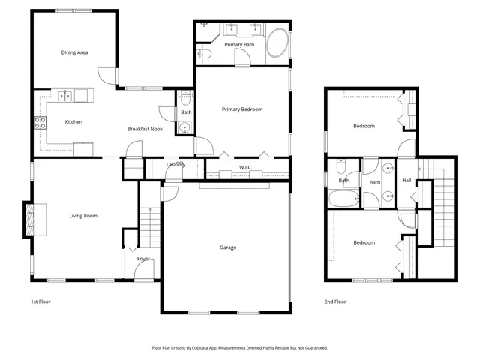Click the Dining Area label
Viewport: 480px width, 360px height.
click(x=74, y=52)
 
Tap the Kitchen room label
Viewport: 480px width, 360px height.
click(x=73, y=121)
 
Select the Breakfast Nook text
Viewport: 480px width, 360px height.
click(x=145, y=129)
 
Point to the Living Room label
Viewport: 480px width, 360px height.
click(x=83, y=216)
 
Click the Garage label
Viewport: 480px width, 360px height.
click(x=228, y=247)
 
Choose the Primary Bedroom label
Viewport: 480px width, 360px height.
click(x=242, y=109)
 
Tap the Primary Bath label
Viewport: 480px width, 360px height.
click(x=239, y=45)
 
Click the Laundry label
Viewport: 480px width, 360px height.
click(x=175, y=164)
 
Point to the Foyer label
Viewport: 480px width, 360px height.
click(x=143, y=259)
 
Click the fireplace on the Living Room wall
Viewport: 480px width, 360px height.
click(x=31, y=218)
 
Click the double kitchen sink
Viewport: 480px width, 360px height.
click(x=66, y=95)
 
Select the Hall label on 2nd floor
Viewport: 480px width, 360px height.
click(x=406, y=181)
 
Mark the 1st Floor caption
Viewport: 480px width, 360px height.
click(x=40, y=301)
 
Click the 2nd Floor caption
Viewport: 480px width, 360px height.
click(x=335, y=301)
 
